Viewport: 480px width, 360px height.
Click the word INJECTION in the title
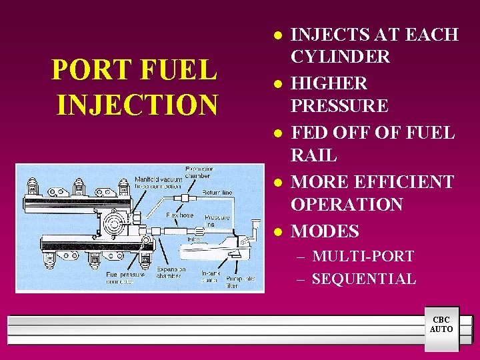(x=137, y=103)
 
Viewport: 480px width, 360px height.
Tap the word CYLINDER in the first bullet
(x=340, y=57)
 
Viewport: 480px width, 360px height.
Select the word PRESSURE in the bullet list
(x=340, y=106)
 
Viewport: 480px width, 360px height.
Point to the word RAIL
(x=314, y=155)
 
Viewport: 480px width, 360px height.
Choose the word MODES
(x=325, y=231)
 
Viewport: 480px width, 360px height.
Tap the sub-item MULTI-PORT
(x=363, y=256)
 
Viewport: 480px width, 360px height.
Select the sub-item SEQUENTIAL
(x=364, y=279)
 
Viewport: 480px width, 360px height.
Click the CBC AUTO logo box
(x=441, y=325)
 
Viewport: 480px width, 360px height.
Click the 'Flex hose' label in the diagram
(x=180, y=216)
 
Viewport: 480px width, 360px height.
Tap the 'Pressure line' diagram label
(x=217, y=221)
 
